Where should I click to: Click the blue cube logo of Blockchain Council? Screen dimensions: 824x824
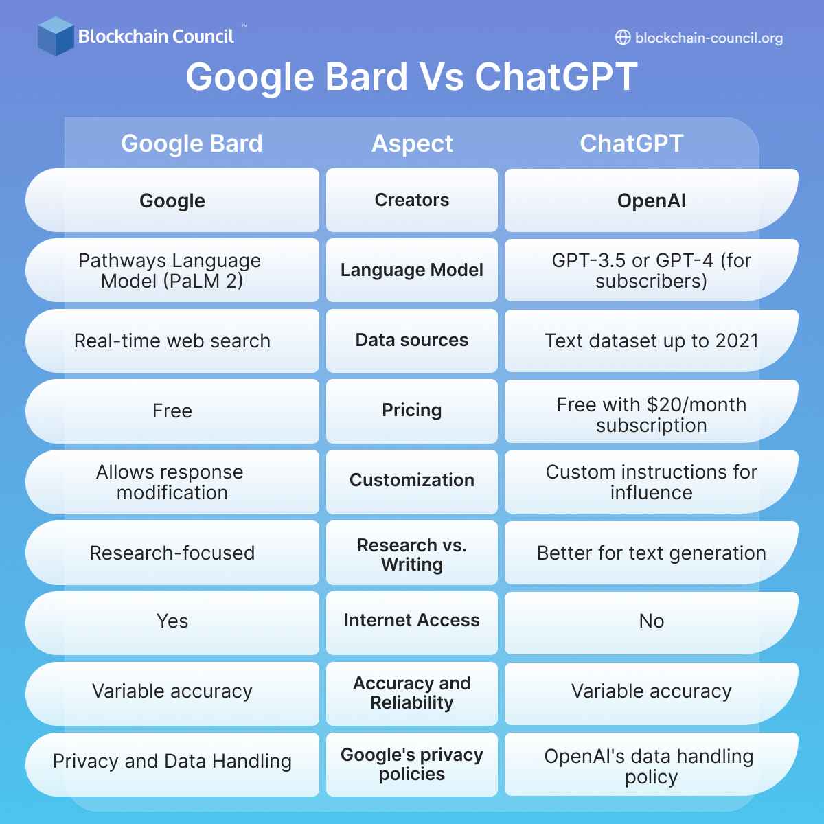[x=56, y=36]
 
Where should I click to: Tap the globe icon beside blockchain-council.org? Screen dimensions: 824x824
[x=622, y=38]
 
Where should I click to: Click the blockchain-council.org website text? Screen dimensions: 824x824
[x=709, y=38]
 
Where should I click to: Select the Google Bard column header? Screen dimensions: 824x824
[x=192, y=144]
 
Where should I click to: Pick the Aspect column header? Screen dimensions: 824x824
[x=412, y=144]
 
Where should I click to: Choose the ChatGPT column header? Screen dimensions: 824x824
[x=632, y=144]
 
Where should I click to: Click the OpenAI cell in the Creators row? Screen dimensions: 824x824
[x=651, y=201]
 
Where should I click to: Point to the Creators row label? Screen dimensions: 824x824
[x=412, y=200]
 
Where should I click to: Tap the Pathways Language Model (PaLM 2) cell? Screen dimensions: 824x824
[x=172, y=271]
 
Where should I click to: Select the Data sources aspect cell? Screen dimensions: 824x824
[x=412, y=341]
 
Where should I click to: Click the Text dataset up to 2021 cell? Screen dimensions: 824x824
[x=651, y=341]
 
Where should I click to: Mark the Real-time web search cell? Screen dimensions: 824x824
[x=172, y=341]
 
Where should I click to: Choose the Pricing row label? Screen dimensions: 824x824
[x=412, y=411]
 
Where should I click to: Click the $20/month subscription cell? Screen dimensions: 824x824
[x=651, y=415]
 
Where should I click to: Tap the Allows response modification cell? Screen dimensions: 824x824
[x=172, y=482]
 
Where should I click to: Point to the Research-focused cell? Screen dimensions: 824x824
[x=172, y=553]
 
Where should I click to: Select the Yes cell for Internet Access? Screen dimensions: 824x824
[x=172, y=621]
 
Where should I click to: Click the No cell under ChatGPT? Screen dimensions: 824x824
[x=651, y=621]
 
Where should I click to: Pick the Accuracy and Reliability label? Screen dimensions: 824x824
[x=412, y=693]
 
